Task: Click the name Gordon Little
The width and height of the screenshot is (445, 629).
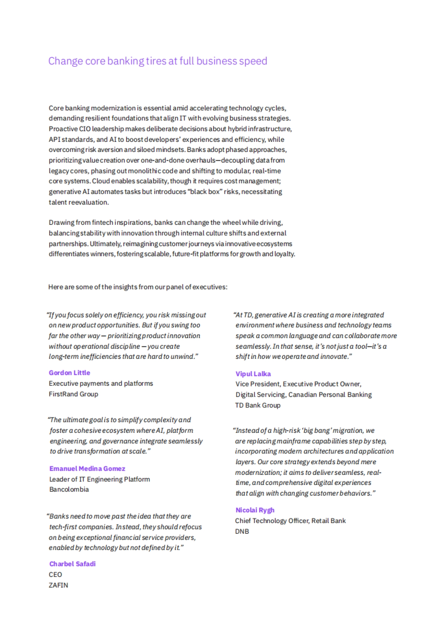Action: pyautogui.click(x=69, y=373)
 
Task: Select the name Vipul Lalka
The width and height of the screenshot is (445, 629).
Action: pyautogui.click(x=253, y=374)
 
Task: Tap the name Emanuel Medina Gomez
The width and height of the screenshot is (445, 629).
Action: pyautogui.click(x=87, y=469)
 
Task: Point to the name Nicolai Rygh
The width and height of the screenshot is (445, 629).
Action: pyautogui.click(x=255, y=510)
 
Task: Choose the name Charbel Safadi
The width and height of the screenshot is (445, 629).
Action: pyautogui.click(x=72, y=564)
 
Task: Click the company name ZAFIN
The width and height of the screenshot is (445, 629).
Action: pyautogui.click(x=58, y=585)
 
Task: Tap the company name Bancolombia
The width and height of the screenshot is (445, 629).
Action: pyautogui.click(x=69, y=489)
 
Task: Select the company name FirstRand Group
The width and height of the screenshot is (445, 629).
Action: pyautogui.click(x=73, y=394)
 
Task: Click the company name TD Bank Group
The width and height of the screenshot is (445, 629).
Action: pyautogui.click(x=258, y=405)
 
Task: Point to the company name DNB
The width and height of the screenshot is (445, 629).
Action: pyautogui.click(x=242, y=531)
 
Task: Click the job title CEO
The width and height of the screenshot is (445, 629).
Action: pyautogui.click(x=55, y=575)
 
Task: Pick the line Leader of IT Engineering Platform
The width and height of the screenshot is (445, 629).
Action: pyautogui.click(x=99, y=479)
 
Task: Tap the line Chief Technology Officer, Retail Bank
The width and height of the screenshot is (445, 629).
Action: pyautogui.click(x=290, y=521)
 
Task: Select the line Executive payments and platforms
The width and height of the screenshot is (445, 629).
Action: pyautogui.click(x=101, y=383)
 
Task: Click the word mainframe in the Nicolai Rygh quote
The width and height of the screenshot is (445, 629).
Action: pyautogui.click(x=293, y=441)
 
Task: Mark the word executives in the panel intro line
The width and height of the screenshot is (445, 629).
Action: pyautogui.click(x=210, y=287)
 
